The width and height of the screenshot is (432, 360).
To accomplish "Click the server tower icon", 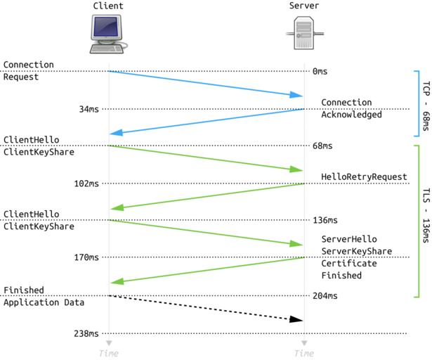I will [x=303, y=34].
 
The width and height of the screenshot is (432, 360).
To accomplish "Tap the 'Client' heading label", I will [x=107, y=6].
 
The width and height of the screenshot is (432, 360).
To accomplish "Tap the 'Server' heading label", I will [x=303, y=6].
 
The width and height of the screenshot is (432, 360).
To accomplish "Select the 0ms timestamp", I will [x=320, y=72].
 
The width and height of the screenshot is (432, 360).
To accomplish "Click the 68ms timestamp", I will [x=323, y=146].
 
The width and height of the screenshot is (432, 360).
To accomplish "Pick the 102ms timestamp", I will [x=86, y=184].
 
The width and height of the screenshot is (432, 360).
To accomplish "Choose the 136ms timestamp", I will [x=325, y=220].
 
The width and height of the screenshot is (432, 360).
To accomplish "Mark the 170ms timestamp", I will [x=86, y=257].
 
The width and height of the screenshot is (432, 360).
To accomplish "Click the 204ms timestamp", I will [x=325, y=296].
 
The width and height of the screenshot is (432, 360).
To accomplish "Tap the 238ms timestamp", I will [x=86, y=333].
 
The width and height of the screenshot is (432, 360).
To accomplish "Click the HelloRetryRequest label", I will [x=364, y=176].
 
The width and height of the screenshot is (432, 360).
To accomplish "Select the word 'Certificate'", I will [x=349, y=264].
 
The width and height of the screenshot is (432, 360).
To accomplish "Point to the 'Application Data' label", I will [x=44, y=302].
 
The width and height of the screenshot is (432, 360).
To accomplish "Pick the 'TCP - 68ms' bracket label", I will [x=425, y=103].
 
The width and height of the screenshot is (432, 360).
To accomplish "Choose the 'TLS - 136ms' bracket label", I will [x=425, y=221].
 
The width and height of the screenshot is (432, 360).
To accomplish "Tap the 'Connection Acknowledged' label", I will [x=351, y=108].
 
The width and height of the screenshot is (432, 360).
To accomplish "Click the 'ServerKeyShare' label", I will [x=356, y=251].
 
